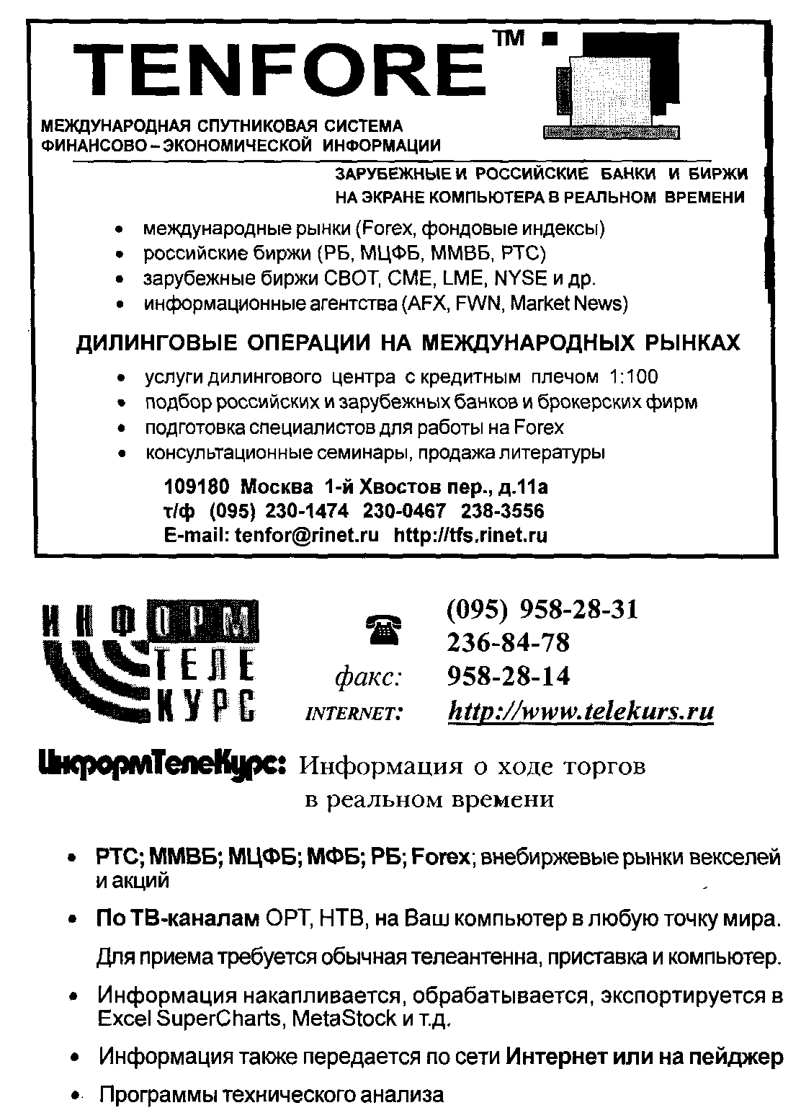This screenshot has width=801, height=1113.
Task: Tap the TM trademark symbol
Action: click(513, 41)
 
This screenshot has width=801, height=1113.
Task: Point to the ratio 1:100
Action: click(633, 376)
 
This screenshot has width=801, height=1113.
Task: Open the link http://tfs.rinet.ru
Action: click(470, 535)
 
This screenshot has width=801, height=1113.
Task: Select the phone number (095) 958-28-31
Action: click(542, 610)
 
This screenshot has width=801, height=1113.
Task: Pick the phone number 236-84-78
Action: click(508, 642)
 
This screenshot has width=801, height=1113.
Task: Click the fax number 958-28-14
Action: click(508, 675)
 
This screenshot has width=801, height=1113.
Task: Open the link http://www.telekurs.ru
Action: click(581, 711)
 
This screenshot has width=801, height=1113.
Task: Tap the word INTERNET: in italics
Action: click(354, 714)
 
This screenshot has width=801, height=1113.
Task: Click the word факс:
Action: click(368, 677)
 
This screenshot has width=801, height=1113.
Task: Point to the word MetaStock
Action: click(342, 1019)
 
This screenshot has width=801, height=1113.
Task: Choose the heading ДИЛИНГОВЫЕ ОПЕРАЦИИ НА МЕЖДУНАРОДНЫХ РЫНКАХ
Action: click(408, 342)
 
